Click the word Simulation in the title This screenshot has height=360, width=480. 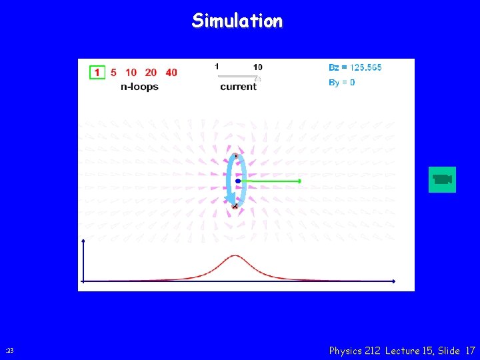coord(237,21)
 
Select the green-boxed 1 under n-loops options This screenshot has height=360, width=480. coord(97,72)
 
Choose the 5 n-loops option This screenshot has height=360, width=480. coord(113,72)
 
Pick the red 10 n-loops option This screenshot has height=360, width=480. coord(131,72)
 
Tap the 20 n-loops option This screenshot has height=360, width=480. coord(151,72)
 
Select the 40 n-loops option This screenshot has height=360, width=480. coord(171,72)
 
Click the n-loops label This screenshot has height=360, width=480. coord(139,87)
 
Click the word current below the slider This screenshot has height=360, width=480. coord(238,87)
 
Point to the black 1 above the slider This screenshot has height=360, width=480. coord(217,66)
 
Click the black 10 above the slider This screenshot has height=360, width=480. coord(257,67)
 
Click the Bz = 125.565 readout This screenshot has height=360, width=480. coord(355,67)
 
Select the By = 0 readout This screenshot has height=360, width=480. coord(342,83)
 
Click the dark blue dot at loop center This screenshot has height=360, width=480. coord(237,181)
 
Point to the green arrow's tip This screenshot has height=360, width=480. coord(299,181)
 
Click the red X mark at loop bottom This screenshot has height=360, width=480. coord(235,207)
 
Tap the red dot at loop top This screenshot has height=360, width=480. coord(235,155)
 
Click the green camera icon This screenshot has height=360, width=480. coord(442,179)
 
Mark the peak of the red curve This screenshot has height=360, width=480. coord(235,255)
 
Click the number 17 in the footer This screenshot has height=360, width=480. coord(471,350)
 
